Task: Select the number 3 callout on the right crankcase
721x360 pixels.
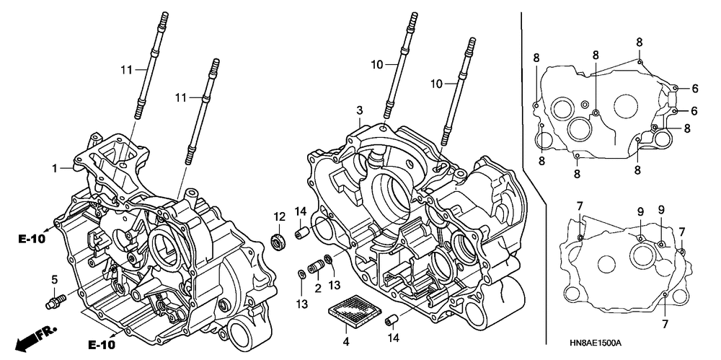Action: pos(358,110)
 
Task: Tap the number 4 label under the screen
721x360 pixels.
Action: pos(346,341)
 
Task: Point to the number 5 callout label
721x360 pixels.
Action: pos(53,279)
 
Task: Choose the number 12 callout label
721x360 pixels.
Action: pos(279,216)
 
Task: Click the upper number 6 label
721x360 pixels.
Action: pos(695,89)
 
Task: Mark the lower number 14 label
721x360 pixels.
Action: pos(394,338)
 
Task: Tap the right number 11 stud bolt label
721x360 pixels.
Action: pos(180,97)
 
